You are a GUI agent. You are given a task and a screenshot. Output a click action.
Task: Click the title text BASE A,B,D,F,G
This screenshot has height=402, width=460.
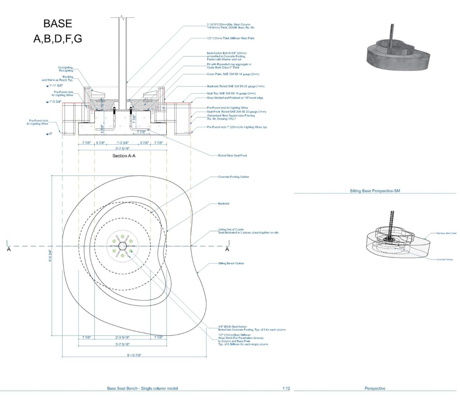[x=57, y=31]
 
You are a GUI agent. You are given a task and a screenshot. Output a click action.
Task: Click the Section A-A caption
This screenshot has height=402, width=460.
[x=124, y=156]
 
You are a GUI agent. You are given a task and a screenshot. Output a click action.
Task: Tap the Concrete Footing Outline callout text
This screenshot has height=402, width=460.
[x=234, y=177]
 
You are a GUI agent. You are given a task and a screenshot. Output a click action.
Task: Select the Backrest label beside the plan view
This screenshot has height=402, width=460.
[x=224, y=204]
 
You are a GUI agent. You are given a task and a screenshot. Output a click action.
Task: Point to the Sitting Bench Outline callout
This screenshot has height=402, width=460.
[x=231, y=263]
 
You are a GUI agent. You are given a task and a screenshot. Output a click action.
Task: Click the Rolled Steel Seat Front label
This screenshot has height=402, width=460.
[x=233, y=156]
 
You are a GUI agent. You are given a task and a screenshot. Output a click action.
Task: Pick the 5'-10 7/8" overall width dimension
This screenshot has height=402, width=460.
[x=134, y=355]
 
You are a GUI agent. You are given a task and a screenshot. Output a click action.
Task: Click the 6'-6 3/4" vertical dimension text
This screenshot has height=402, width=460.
[x=50, y=256]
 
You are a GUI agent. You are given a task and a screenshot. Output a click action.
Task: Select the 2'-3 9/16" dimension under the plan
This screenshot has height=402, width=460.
[x=122, y=337]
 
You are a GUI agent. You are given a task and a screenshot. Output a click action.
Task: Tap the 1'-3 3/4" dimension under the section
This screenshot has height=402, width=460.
[x=122, y=143]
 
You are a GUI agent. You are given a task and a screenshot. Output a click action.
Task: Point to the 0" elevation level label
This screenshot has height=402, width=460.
[x=51, y=134]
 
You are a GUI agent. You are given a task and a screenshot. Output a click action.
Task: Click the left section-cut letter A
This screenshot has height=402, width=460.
[x=9, y=249]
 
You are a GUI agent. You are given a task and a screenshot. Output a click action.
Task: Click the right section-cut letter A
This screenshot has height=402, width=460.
[x=227, y=249]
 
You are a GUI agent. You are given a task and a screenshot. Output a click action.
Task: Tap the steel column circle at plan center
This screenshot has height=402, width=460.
[x=123, y=246]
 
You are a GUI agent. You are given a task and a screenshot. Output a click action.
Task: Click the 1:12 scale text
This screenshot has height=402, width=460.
[x=286, y=388]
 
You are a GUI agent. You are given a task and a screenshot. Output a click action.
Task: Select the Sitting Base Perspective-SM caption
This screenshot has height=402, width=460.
[x=375, y=191]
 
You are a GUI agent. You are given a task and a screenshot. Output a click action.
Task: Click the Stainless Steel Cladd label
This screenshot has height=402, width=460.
[x=446, y=234]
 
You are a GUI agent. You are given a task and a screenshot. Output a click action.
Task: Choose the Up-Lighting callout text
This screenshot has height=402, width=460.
[x=66, y=69]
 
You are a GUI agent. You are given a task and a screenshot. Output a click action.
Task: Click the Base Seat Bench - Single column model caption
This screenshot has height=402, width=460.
[x=142, y=388]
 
